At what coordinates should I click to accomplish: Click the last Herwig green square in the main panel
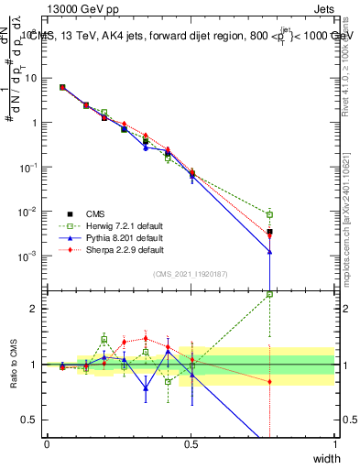(x=269, y=214)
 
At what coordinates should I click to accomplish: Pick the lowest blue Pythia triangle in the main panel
(x=269, y=253)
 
